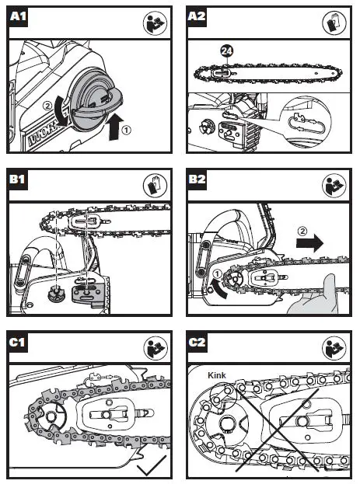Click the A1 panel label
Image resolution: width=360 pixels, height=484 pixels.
(x=18, y=16)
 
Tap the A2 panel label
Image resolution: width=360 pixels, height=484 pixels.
(x=197, y=16)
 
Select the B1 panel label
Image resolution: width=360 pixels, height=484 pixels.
(x=18, y=179)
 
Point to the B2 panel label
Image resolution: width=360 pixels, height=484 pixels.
(x=197, y=179)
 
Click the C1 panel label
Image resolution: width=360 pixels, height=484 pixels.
(x=18, y=343)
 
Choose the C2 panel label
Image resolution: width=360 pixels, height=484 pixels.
(x=197, y=343)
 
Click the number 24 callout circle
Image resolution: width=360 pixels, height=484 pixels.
(x=226, y=50)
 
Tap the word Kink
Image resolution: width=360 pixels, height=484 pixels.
(x=217, y=375)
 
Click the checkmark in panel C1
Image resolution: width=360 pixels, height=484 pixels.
(x=152, y=465)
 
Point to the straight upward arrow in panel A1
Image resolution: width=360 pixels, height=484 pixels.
(x=116, y=127)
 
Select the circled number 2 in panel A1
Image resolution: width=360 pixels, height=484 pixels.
(x=47, y=106)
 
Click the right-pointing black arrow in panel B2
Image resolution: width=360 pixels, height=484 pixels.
(x=309, y=243)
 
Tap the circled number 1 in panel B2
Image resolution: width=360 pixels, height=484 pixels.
(x=217, y=273)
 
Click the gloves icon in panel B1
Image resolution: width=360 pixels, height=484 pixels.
(x=156, y=185)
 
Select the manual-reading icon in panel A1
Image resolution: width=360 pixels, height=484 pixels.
(x=156, y=23)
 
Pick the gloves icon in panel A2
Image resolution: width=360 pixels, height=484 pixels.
(x=334, y=23)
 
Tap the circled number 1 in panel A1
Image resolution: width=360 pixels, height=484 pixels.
(x=127, y=130)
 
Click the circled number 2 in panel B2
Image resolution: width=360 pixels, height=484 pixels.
(x=302, y=231)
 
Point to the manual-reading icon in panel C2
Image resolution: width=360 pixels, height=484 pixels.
(x=334, y=348)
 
